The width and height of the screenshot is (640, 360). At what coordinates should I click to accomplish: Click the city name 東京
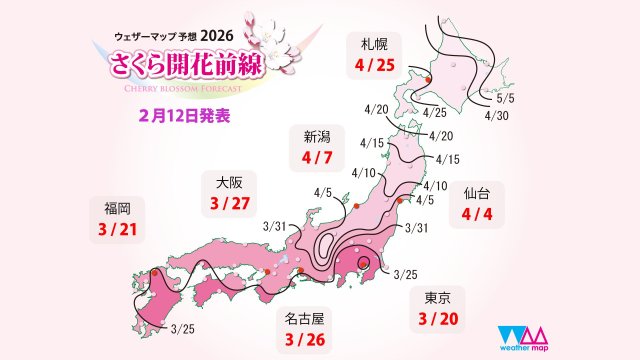coord(433,298)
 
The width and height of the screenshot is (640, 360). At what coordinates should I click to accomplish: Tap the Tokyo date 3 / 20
coord(433,321)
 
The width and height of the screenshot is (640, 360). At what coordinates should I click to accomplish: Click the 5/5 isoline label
coord(506,100)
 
